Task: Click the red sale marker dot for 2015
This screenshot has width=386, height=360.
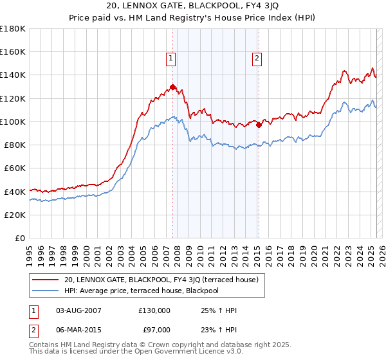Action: coord(259,125)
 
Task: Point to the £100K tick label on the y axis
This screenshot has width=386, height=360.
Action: coord(13,122)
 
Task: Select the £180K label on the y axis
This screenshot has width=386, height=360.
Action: coord(13,29)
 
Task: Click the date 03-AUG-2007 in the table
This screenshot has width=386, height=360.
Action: coord(78,310)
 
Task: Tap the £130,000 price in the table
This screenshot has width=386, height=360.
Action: coord(154,310)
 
